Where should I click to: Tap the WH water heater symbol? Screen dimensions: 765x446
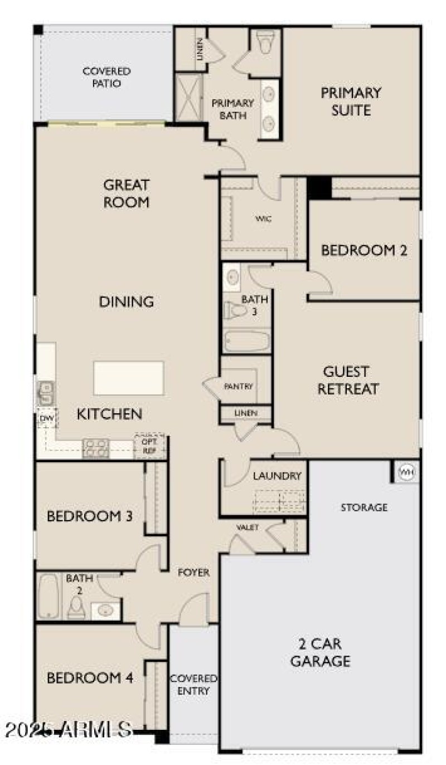coord(405,473)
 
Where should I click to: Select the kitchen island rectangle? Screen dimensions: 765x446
coord(129,377)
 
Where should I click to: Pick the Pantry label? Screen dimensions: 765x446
coord(239,386)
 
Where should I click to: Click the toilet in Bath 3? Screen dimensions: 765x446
coord(234,311)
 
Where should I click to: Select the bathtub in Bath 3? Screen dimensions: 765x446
coord(246,340)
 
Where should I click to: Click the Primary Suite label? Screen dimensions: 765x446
coord(351,101)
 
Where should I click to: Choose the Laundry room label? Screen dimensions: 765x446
coord(277,476)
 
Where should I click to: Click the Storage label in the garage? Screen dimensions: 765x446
coord(364,507)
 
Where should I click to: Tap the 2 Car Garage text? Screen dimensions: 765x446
coord(321,653)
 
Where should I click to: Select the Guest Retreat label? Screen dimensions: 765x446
coord(348,380)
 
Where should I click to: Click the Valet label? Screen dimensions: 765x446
coord(248,527)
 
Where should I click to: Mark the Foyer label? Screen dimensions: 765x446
coord(193,573)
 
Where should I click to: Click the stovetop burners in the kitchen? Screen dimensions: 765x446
coord(96,448)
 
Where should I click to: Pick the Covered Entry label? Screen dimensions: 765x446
coord(193,685)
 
